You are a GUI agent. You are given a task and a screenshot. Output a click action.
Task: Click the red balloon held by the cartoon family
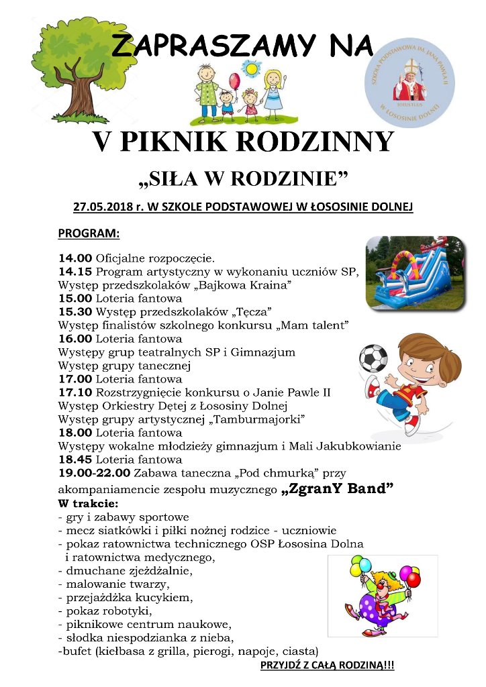click(234, 81)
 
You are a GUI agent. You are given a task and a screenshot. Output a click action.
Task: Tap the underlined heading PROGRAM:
click(89, 234)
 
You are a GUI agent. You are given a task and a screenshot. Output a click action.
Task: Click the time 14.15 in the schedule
click(75, 272)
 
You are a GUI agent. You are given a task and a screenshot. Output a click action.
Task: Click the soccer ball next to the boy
click(373, 358)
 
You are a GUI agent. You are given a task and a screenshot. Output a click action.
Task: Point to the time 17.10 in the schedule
click(75, 392)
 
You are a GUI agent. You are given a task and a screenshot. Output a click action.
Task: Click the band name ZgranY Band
click(338, 488)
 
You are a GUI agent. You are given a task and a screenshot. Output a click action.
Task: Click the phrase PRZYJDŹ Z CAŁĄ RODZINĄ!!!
click(327, 665)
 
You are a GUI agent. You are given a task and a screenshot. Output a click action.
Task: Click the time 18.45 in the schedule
click(75, 460)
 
